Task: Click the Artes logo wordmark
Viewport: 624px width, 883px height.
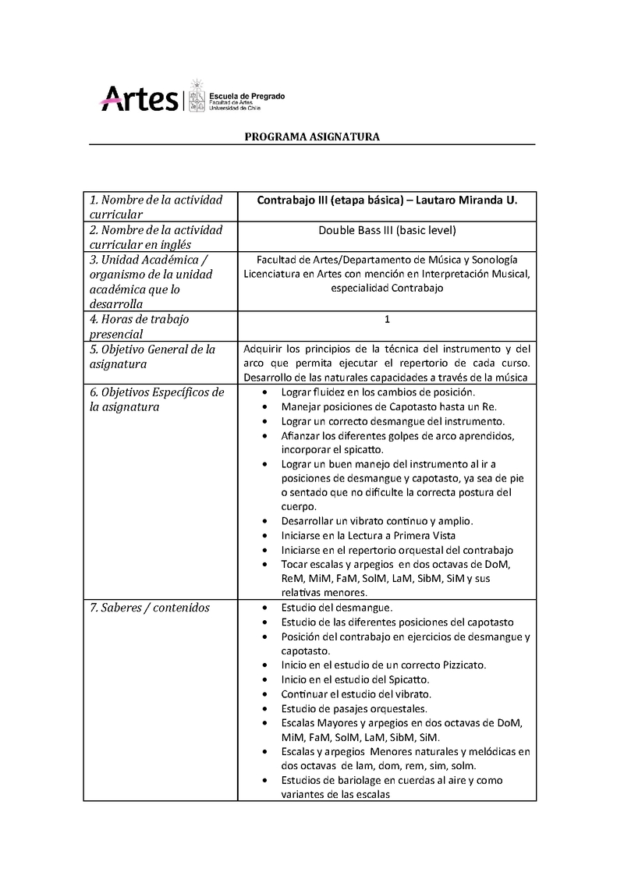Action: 139,98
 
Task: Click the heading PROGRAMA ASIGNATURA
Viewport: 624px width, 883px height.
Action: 312,137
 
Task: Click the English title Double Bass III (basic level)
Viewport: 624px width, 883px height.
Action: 387,230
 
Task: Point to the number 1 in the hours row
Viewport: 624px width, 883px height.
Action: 387,319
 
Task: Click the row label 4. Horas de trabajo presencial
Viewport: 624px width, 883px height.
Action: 139,327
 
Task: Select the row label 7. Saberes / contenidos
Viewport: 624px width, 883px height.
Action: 149,608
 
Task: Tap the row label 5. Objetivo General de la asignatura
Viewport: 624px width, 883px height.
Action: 152,356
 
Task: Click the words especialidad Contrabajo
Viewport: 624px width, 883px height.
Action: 387,288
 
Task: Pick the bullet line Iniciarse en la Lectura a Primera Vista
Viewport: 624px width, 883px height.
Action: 368,536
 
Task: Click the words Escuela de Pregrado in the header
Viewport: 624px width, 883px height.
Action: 246,96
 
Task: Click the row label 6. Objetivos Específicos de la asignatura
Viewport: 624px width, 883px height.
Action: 156,399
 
